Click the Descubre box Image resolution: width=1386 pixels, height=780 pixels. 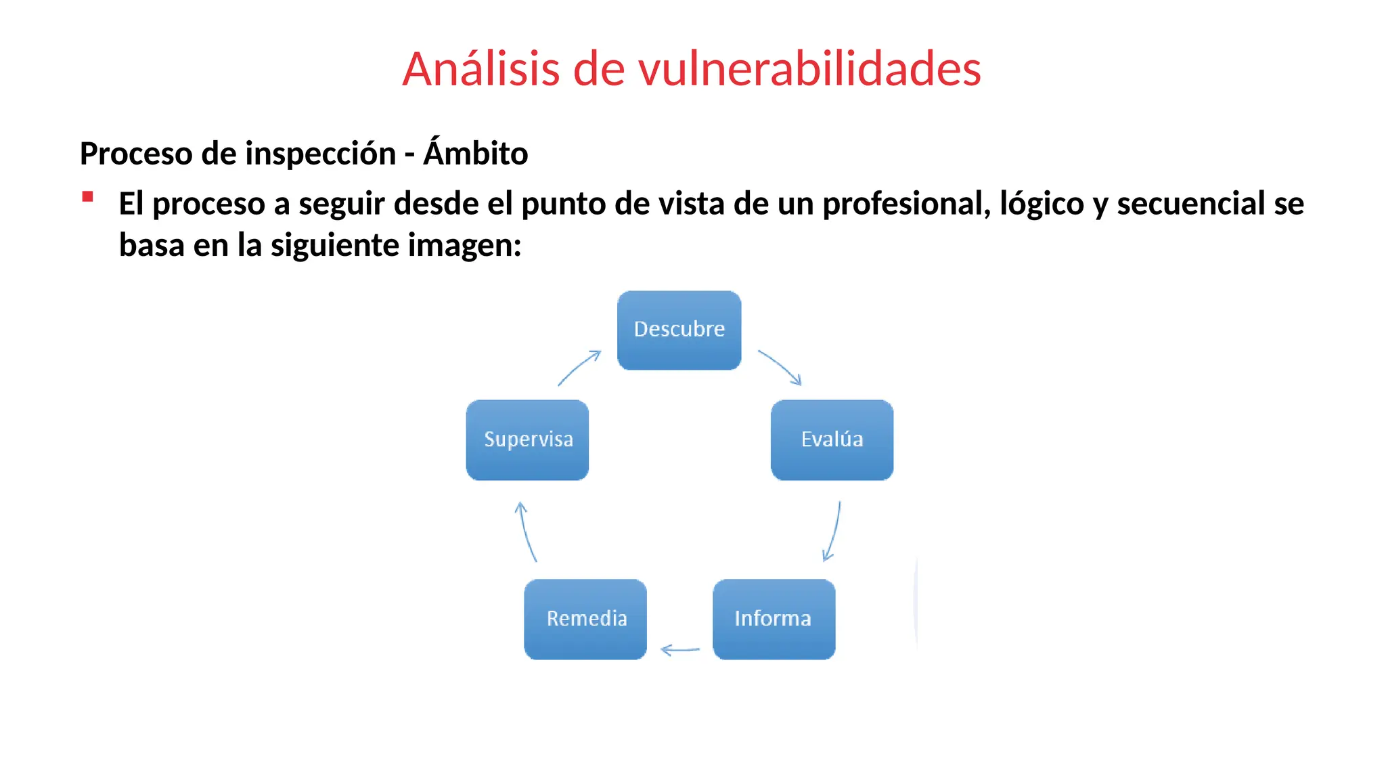coord(679,330)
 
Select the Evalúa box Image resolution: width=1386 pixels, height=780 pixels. coord(832,439)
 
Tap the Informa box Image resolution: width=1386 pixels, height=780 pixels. coord(774,619)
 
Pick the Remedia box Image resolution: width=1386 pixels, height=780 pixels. coord(585,619)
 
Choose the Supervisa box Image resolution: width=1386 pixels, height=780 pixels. coord(527,439)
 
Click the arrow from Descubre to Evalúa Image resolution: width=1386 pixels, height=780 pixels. coord(780,367)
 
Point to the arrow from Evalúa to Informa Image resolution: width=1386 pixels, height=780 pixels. coord(833,532)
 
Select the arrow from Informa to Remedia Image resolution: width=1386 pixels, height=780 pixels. coord(680,650)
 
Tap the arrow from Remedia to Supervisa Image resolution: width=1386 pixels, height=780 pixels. coord(526,532)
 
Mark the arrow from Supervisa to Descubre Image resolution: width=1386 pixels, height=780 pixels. coord(579,368)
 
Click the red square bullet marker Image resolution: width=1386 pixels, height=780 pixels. coord(87,197)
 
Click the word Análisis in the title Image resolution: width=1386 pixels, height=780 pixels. coord(481,69)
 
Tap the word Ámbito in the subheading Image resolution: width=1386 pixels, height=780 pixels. coord(476,153)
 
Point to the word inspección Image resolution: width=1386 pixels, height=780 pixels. coord(321,154)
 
